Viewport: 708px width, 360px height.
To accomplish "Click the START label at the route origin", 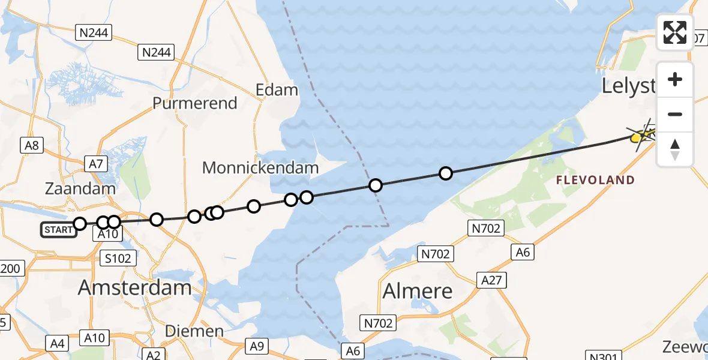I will (x=59, y=229).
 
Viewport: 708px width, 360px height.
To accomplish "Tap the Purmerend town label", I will (x=195, y=103).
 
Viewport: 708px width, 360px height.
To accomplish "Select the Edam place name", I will (x=277, y=90).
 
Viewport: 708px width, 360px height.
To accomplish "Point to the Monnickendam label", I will (x=260, y=167).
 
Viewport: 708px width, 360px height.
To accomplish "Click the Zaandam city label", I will (x=80, y=188).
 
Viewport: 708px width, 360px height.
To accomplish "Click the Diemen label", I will (x=194, y=331).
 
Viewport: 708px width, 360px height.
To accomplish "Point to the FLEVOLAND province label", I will (x=595, y=180).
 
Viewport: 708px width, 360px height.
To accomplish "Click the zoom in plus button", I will (x=675, y=79).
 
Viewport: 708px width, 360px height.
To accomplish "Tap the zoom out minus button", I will (x=675, y=114).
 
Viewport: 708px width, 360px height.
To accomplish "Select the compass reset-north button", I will (x=675, y=149).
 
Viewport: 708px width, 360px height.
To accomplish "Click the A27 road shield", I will (x=492, y=280).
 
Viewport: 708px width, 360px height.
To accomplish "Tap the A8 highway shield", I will (x=32, y=145).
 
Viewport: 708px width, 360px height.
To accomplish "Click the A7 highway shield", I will (x=97, y=163).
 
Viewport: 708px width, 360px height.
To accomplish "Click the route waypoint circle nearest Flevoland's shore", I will (x=445, y=173).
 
